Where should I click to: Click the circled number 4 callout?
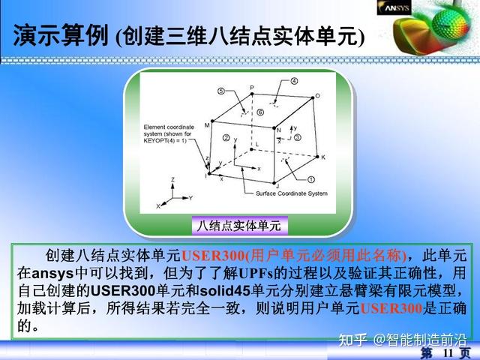294,81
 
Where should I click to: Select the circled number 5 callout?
221,91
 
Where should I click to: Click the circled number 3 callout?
297,139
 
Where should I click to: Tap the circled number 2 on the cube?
226,139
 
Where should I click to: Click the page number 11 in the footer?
449,352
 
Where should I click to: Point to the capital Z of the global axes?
172,180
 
